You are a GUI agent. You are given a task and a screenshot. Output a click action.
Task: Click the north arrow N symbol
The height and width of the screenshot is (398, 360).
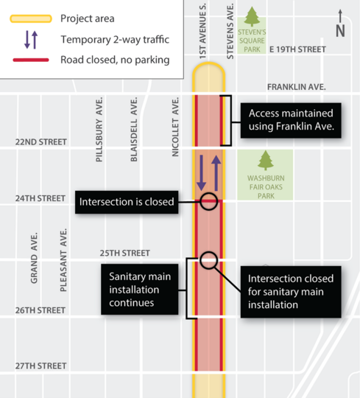(x=339, y=24)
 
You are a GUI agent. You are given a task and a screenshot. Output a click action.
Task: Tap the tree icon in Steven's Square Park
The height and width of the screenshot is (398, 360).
(x=253, y=16)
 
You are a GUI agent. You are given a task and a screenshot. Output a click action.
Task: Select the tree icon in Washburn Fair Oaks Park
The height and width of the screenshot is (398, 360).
(x=265, y=161)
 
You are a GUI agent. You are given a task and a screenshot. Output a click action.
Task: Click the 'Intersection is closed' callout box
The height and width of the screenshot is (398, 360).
(x=127, y=201)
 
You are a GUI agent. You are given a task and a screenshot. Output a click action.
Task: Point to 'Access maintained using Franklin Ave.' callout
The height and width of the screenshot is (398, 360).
(x=290, y=120)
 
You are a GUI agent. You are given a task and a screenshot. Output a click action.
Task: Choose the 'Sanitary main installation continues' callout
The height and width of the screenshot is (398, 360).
(x=140, y=287)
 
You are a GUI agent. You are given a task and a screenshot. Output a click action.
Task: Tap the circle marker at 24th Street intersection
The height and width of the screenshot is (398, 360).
(x=208, y=201)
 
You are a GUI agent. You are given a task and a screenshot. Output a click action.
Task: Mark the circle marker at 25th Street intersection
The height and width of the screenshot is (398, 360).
(x=208, y=259)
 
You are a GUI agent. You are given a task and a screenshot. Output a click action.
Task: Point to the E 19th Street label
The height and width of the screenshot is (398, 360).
(x=297, y=49)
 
